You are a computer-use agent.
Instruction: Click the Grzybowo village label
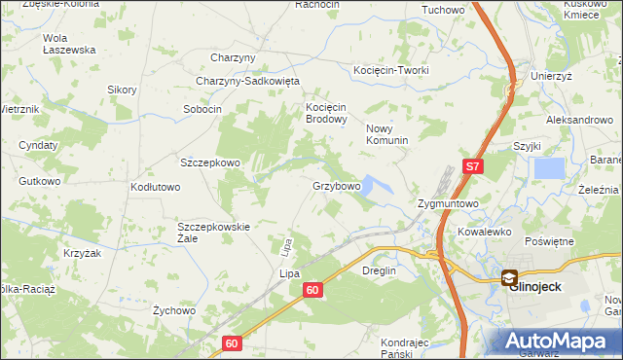337,185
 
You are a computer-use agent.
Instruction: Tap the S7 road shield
472,166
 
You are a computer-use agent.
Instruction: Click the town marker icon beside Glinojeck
509,277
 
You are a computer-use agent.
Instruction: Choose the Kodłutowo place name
156,186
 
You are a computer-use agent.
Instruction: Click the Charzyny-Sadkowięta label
247,82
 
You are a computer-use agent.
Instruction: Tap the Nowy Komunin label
386,134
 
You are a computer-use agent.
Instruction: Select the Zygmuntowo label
447,204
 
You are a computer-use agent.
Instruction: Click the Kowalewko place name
485,233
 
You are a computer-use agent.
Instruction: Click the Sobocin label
202,109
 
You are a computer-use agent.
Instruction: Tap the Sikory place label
122,90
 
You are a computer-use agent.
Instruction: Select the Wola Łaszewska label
69,44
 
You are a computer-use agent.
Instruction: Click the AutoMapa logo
558,342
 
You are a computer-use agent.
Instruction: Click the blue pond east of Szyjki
549,168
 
